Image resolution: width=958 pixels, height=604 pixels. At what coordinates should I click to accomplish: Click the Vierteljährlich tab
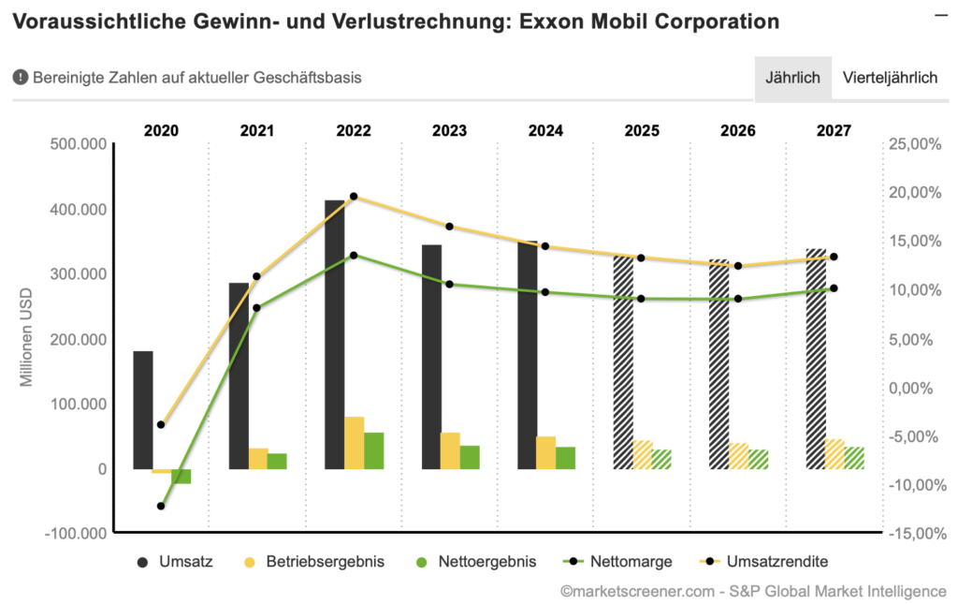click(x=890, y=78)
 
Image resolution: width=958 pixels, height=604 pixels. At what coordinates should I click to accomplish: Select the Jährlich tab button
click(x=792, y=78)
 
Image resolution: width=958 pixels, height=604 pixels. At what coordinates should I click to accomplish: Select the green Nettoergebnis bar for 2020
click(x=181, y=476)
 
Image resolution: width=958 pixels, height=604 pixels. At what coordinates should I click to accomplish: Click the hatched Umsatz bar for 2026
click(x=718, y=364)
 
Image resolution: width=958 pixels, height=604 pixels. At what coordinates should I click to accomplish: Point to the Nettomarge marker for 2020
click(x=161, y=506)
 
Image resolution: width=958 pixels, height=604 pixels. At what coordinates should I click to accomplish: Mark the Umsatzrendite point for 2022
click(x=354, y=197)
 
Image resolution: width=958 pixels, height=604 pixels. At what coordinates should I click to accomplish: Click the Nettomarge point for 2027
click(x=834, y=288)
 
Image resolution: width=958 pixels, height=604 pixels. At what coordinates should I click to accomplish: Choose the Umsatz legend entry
click(x=176, y=562)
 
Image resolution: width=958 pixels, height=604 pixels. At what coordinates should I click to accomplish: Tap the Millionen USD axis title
click(x=27, y=338)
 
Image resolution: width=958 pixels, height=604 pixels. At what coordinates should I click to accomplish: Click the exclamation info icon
click(x=20, y=78)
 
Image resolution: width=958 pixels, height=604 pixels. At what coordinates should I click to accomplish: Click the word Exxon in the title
click(x=544, y=21)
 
